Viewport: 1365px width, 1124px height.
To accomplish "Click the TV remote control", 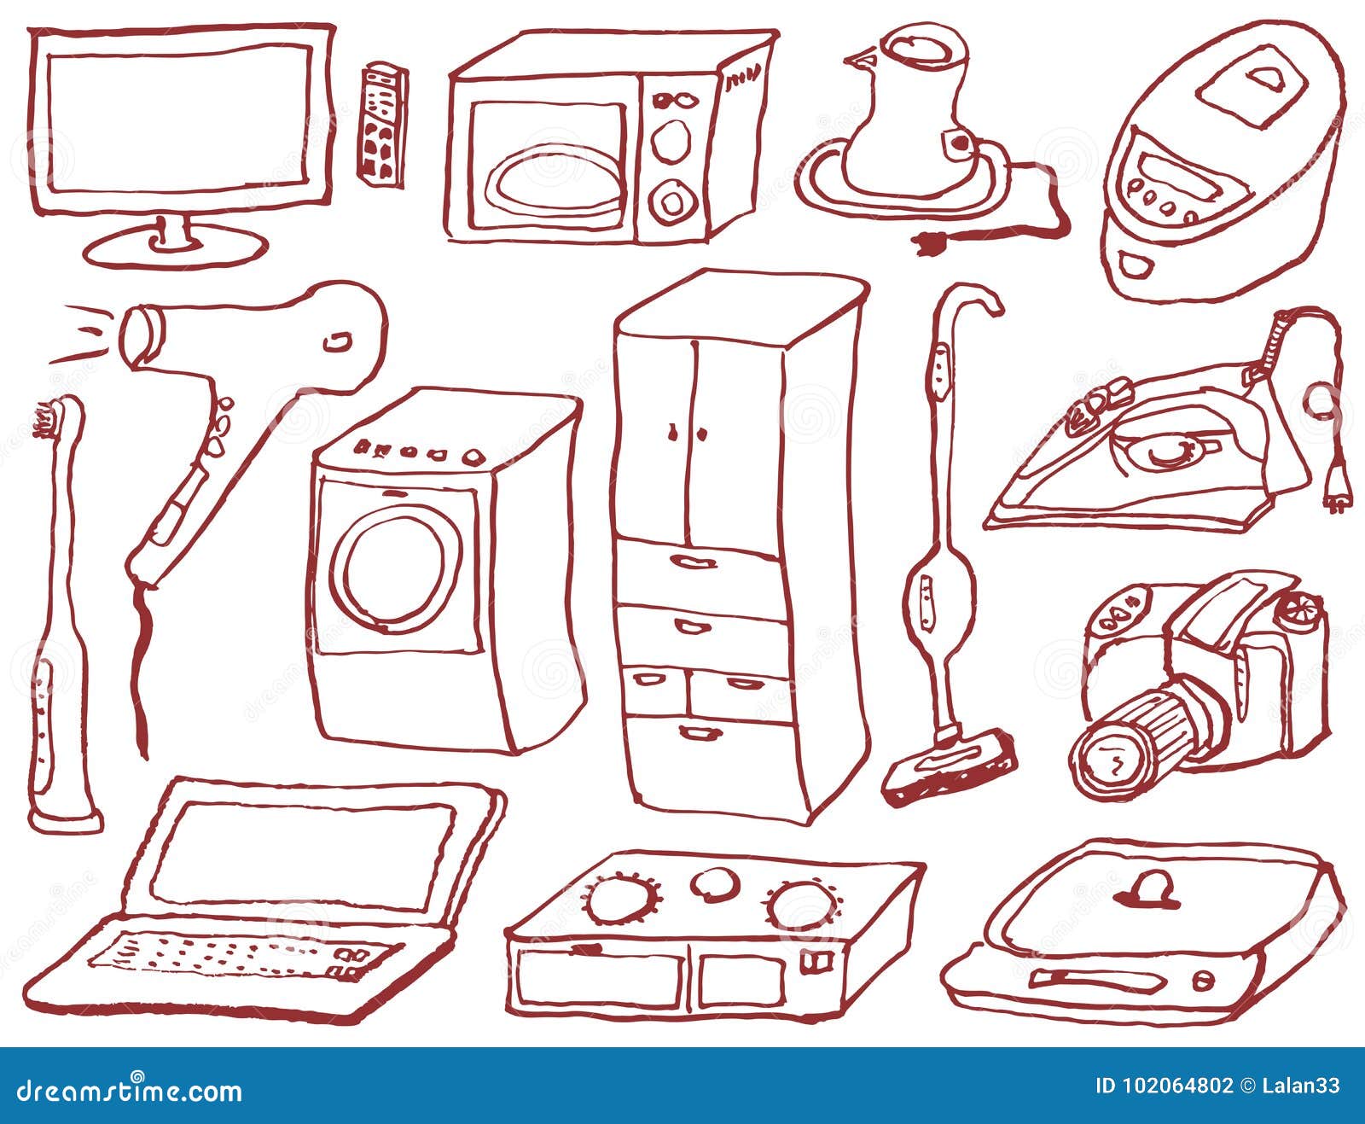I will pos(380,125).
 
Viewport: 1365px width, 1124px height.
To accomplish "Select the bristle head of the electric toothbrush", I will pos(45,419).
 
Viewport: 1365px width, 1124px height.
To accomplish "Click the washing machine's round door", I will pos(396,568).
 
